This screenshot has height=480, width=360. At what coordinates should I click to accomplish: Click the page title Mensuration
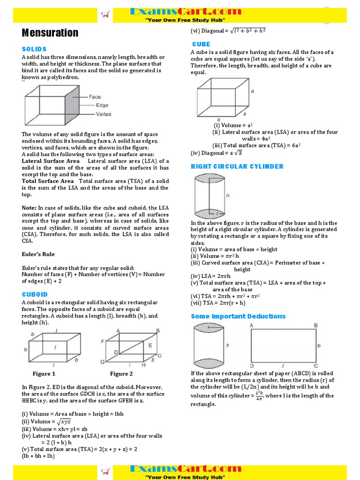coord(50,33)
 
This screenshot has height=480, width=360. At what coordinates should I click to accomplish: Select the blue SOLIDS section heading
coord(34,49)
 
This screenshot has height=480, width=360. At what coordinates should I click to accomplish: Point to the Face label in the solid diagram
coord(95,97)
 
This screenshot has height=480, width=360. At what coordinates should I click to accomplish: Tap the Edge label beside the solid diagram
coord(102,105)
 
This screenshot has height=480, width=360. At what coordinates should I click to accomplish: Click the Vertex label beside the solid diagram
coord(104,114)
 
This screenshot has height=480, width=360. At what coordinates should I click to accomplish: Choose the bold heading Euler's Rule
coord(38,254)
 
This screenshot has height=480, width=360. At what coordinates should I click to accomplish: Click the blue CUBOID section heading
coord(35,294)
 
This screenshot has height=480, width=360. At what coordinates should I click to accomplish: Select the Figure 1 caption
coord(44,374)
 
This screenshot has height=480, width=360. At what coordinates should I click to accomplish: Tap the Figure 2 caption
coord(121,374)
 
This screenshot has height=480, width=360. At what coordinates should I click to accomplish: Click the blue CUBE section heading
coord(201,44)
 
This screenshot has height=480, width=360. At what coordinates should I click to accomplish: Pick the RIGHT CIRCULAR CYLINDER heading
coord(237,166)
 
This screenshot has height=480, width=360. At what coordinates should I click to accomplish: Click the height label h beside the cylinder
coord(228,196)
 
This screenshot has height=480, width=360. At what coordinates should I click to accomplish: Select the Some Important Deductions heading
coord(238,316)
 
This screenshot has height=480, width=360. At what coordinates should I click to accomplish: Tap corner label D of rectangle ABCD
coord(252,366)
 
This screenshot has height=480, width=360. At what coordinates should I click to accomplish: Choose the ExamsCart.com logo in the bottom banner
coord(185,469)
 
